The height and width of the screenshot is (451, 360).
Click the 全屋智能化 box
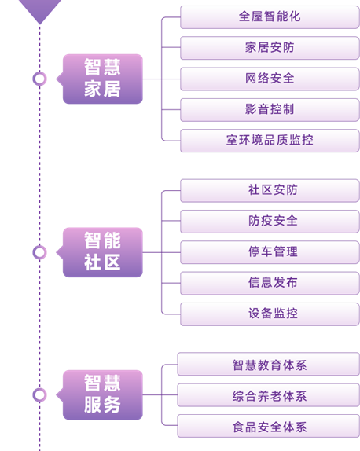tap(270, 17)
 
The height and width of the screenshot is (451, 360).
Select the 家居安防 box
tap(270, 48)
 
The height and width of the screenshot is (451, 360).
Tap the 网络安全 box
tap(270, 79)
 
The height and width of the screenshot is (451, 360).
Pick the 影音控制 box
tap(270, 109)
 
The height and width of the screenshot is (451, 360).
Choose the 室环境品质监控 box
tap(270, 141)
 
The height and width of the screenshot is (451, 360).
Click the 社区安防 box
tap(270, 190)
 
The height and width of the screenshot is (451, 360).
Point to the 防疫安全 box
tap(270, 222)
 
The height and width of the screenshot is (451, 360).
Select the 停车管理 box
tap(270, 252)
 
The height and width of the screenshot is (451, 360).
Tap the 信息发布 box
tap(270, 283)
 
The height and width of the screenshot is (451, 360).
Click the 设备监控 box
tap(270, 314)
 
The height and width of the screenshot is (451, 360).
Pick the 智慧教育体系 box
tap(269, 364)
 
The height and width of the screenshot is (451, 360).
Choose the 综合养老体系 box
tap(269, 395)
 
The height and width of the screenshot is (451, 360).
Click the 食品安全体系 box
tap(269, 426)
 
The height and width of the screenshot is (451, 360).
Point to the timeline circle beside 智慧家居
tap(40, 72)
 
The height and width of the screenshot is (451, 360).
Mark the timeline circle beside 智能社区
tap(40, 246)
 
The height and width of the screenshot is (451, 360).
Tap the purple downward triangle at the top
tap(40, 9)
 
